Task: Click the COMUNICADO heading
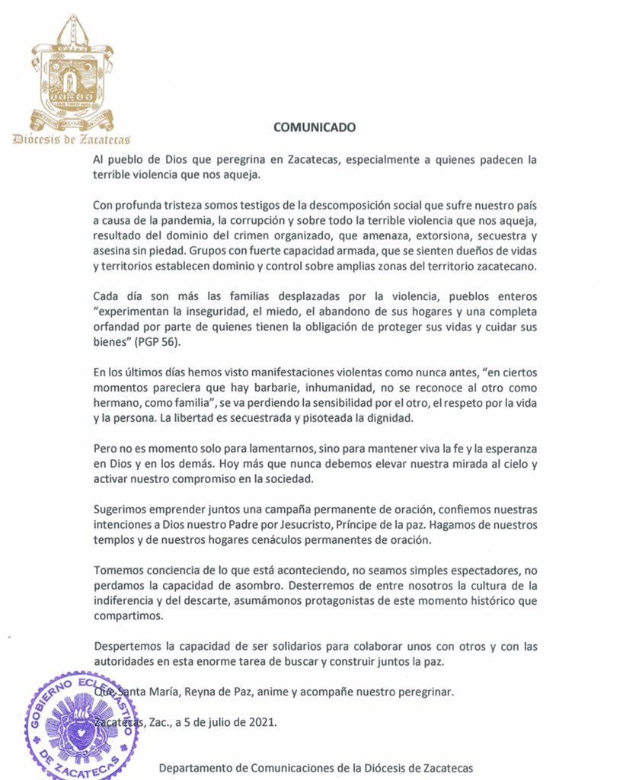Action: (314, 128)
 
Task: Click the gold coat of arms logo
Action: (72, 72)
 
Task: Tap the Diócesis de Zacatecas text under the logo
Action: (72, 139)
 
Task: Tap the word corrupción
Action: (250, 221)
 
